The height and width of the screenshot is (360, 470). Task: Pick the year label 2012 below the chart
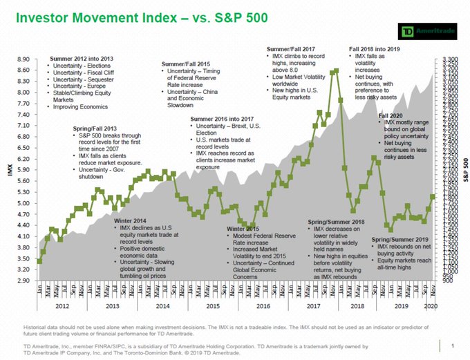pyautogui.click(x=62, y=305)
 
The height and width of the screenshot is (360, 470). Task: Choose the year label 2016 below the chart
pyautogui.click(x=263, y=305)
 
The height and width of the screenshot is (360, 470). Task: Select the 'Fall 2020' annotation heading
pyautogui.click(x=391, y=115)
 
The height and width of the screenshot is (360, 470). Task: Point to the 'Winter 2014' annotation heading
pyautogui.click(x=131, y=220)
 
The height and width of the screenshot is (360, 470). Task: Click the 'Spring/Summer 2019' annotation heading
pyautogui.click(x=400, y=239)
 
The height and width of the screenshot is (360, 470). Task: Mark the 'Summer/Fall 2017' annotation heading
pyautogui.click(x=291, y=48)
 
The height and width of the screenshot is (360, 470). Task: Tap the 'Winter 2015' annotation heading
pyautogui.click(x=243, y=228)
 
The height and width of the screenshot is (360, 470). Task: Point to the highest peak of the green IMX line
pyautogui.click(x=336, y=70)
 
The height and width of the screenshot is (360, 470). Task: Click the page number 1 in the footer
pyautogui.click(x=451, y=345)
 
